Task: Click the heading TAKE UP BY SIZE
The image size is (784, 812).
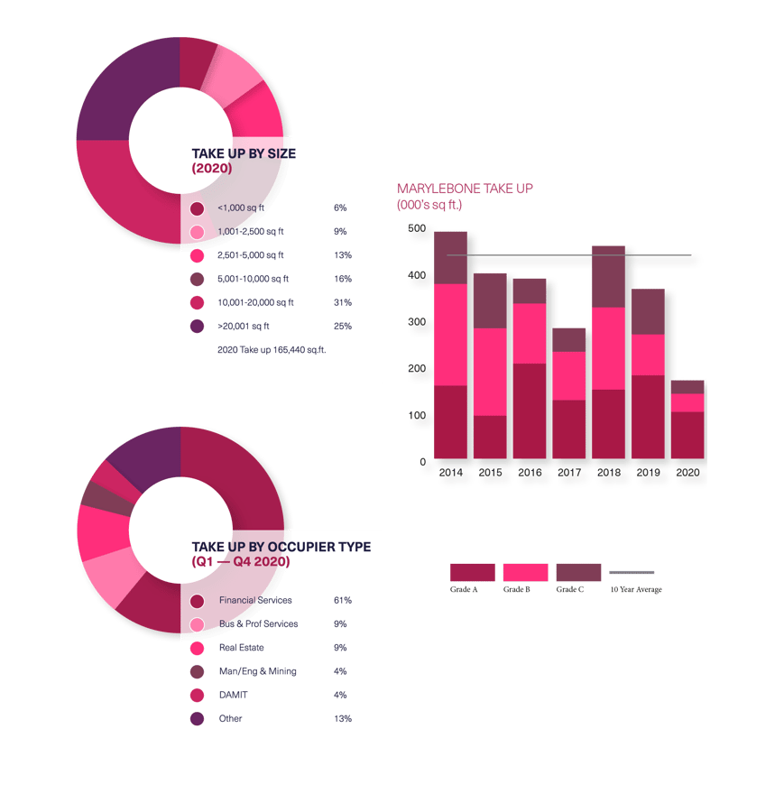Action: point(244,154)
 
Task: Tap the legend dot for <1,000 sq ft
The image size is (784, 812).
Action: point(198,208)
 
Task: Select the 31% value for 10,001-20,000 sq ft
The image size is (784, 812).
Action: point(342,303)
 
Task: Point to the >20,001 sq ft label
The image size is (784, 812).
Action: point(244,327)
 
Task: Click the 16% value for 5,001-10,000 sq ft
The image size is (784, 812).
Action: point(342,280)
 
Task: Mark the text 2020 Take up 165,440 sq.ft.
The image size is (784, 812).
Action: point(272,350)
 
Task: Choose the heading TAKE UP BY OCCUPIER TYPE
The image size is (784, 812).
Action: point(281,548)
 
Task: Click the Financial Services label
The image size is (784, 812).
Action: point(255,601)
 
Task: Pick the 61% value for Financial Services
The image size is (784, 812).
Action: point(342,601)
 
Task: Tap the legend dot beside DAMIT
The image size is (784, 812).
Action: point(198,696)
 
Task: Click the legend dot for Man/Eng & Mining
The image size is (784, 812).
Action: point(198,672)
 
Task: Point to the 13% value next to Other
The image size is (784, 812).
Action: point(342,719)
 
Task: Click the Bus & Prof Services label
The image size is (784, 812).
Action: point(258,624)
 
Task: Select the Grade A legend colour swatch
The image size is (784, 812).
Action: point(472,572)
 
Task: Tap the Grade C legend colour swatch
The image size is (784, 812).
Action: point(578,572)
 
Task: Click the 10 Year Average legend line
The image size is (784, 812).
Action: point(632,573)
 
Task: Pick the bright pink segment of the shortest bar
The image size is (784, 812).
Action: point(687,402)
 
